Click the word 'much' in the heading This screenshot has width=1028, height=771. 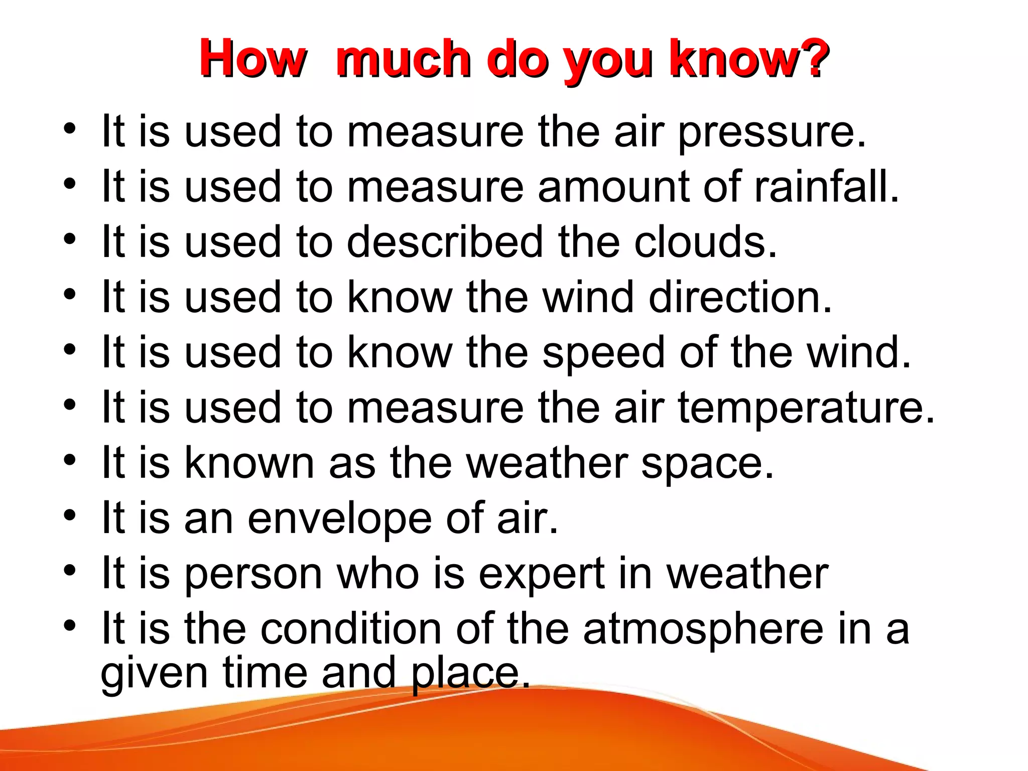pos(404,59)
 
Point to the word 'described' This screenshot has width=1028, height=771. pos(445,242)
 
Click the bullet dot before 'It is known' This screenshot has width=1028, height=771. pos(70,460)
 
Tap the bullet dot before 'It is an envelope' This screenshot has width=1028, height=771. pos(70,515)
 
